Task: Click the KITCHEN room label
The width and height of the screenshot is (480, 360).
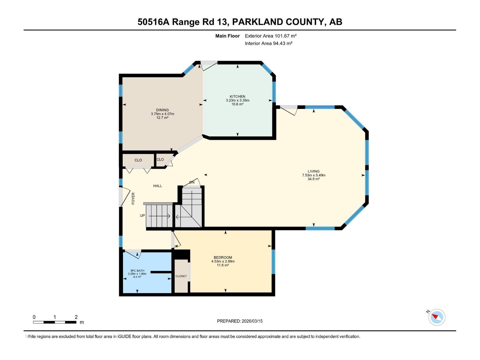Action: [x=237, y=97]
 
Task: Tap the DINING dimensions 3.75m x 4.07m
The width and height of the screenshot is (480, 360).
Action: [x=162, y=114]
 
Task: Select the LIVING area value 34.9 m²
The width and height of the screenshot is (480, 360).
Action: [x=313, y=179]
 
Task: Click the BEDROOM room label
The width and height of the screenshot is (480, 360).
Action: [x=223, y=257]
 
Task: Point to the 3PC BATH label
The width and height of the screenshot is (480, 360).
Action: [x=137, y=271]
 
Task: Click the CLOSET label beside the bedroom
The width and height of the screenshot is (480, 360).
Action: [x=181, y=276]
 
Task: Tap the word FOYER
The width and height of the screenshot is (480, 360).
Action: [x=133, y=198]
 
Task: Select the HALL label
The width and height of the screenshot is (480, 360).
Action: [x=157, y=186]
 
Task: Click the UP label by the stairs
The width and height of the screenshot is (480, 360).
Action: [x=142, y=216]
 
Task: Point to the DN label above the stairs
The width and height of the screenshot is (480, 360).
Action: [x=192, y=182]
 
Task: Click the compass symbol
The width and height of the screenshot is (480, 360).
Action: [x=436, y=317]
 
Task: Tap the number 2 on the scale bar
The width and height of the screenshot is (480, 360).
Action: [x=76, y=317]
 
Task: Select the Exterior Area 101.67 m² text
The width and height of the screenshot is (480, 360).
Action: [x=271, y=36]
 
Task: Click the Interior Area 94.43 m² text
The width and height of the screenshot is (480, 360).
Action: [x=268, y=43]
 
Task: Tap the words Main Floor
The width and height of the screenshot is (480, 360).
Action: [x=227, y=36]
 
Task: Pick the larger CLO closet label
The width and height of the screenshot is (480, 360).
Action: [x=138, y=160]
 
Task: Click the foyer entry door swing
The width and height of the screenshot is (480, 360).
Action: [x=124, y=197]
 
